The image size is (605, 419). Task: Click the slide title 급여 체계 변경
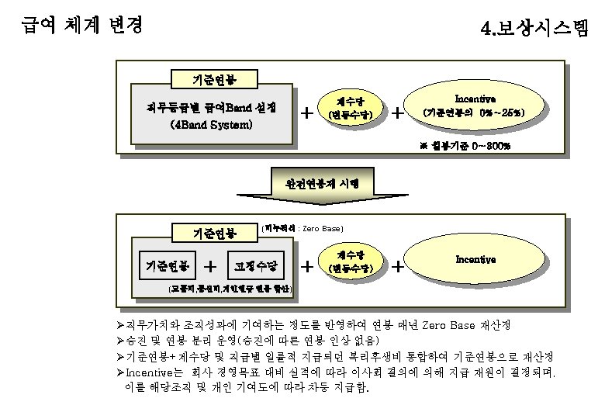82,25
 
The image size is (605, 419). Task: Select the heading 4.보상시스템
534,29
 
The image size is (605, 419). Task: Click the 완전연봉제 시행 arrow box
321,185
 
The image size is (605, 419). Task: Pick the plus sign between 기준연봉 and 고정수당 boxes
210,266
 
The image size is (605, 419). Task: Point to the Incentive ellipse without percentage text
475,259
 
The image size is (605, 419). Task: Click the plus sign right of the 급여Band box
307,113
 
